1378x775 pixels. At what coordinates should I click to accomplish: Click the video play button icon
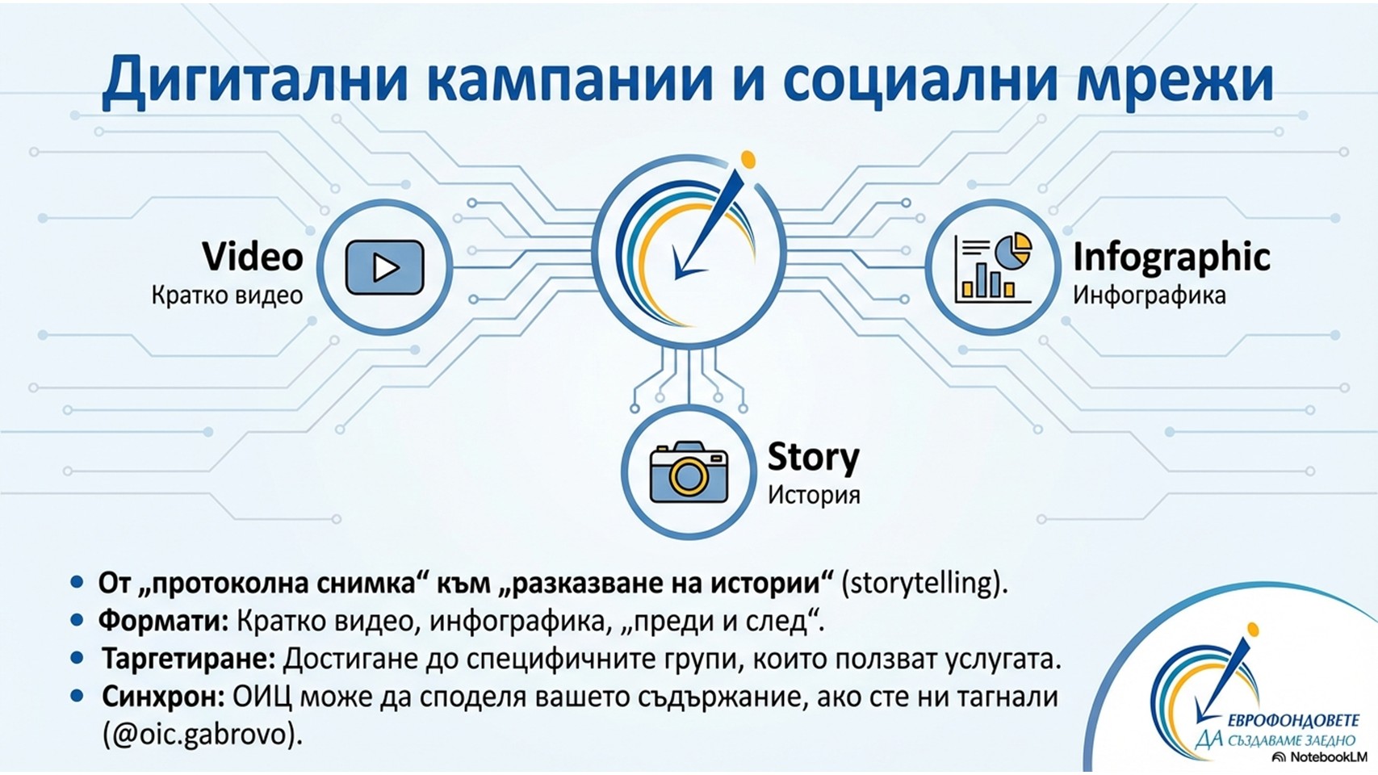click(385, 267)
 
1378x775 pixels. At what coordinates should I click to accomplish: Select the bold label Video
click(252, 257)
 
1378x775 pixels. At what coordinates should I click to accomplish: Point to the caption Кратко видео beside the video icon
click(227, 295)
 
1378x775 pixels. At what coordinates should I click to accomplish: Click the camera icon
click(689, 471)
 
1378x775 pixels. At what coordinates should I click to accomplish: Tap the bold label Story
click(813, 459)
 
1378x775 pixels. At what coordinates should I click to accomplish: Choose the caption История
click(813, 495)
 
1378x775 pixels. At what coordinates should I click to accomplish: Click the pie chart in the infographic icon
click(1013, 250)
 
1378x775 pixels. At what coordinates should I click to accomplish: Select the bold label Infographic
click(1171, 258)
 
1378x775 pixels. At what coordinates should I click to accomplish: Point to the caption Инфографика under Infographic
click(1150, 295)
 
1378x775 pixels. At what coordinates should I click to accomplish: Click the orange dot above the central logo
click(748, 159)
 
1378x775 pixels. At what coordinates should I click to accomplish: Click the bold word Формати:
click(163, 622)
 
